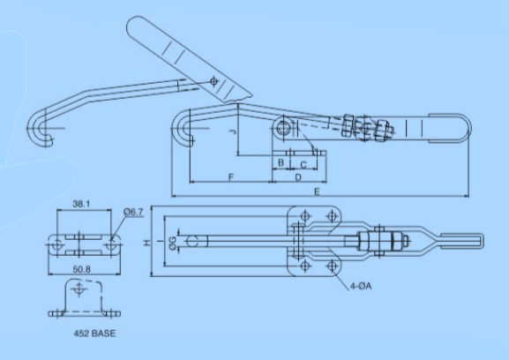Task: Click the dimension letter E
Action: click(315, 190)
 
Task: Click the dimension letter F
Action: click(230, 177)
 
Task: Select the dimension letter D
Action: click(297, 177)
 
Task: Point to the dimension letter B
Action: click(281, 163)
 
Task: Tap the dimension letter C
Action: click(303, 163)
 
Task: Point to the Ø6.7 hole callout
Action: click(133, 212)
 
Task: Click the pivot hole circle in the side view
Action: click(287, 127)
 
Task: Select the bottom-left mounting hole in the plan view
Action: click(305, 266)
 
